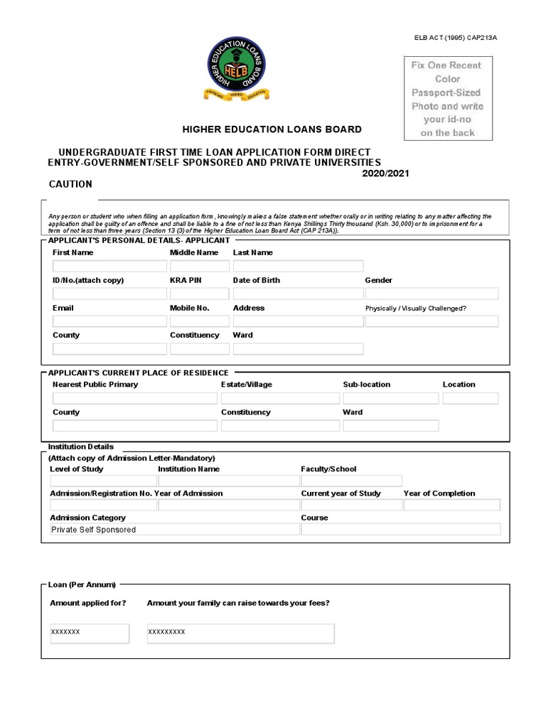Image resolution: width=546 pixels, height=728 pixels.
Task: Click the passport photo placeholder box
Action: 446,98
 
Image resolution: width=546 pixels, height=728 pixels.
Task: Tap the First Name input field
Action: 109,266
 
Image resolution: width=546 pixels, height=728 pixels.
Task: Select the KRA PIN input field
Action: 199,294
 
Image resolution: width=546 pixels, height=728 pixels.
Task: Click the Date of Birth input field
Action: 297,294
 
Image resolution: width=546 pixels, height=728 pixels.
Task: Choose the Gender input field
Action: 431,294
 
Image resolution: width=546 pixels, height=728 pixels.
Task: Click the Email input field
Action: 109,321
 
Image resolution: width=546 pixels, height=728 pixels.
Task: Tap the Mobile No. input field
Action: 199,321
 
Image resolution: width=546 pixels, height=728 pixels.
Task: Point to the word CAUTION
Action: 70,184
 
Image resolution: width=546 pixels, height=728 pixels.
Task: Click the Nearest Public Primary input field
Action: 134,398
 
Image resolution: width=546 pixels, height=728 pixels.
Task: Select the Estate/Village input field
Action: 279,398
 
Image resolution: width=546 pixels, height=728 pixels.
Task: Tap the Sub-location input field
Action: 390,398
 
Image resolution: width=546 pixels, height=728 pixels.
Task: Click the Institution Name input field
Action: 227,481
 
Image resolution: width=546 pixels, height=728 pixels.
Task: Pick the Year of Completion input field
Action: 451,505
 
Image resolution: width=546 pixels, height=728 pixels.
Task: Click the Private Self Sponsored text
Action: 93,530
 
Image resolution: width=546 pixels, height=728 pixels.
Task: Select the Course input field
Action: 400,530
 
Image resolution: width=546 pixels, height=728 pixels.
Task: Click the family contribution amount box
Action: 240,633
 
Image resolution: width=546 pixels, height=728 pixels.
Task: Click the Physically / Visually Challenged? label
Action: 415,309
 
